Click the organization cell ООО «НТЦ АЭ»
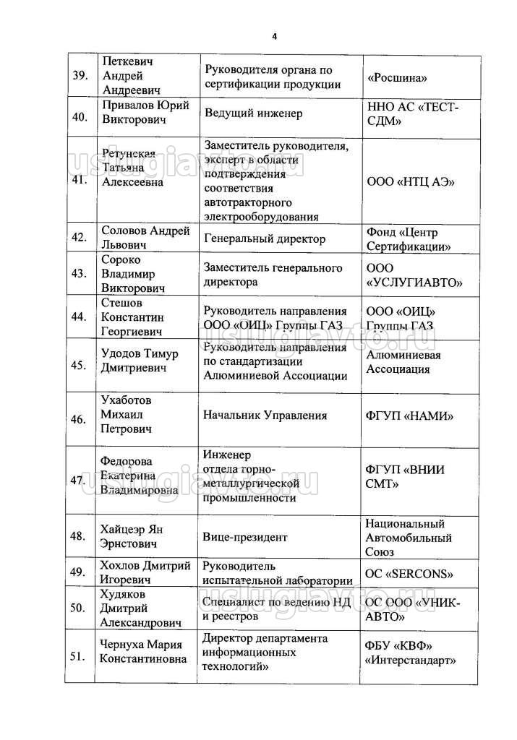pyautogui.click(x=411, y=181)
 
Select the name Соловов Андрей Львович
pyautogui.click(x=145, y=239)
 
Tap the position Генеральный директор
pyautogui.click(x=265, y=239)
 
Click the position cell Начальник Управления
pyautogui.click(x=266, y=416)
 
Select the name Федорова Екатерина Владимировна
pyautogui.click(x=140, y=476)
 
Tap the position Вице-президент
pyautogui.click(x=246, y=537)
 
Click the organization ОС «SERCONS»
pyautogui.click(x=410, y=575)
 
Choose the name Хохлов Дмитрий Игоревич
pyautogui.click(x=145, y=572)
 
